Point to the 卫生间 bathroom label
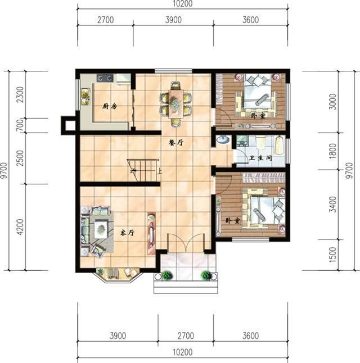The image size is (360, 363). (261, 159)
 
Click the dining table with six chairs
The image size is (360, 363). (176, 102)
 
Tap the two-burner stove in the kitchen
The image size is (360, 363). (105, 78)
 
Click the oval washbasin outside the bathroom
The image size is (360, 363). (222, 140)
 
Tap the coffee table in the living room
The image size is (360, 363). (101, 228)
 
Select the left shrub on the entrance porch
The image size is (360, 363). (167, 275)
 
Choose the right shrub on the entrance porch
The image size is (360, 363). (206, 275)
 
